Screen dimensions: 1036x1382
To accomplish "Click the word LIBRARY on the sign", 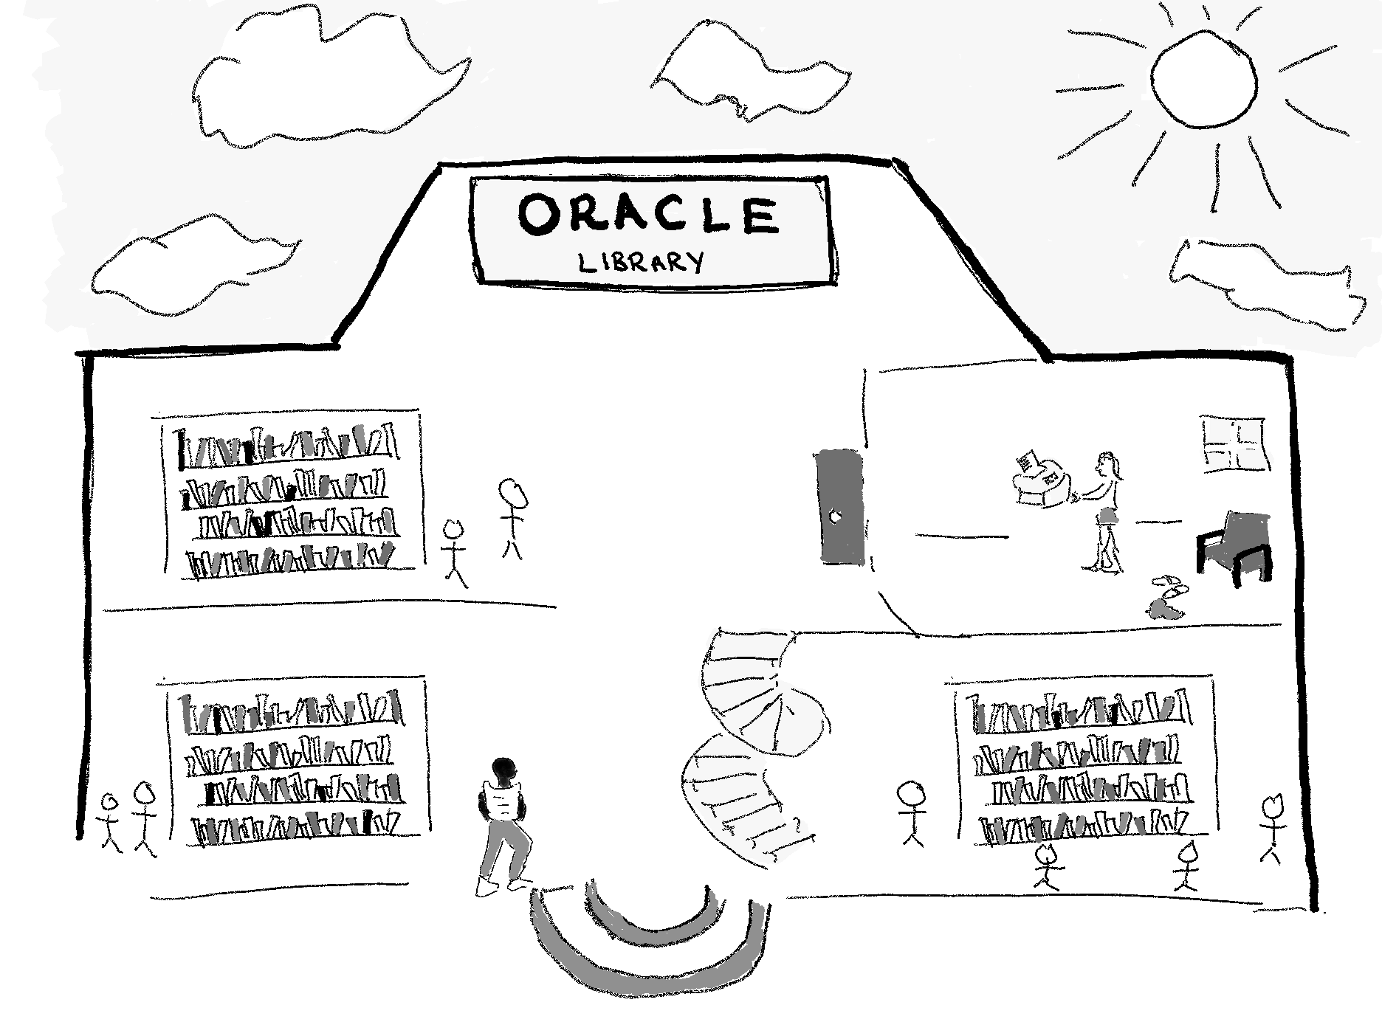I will [x=640, y=261].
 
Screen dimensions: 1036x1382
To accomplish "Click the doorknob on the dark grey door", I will [x=835, y=517].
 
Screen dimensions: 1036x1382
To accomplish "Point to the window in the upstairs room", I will [x=1235, y=444].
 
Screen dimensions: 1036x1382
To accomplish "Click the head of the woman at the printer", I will [x=1108, y=464].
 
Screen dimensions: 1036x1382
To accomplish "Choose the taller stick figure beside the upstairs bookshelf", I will [x=511, y=517].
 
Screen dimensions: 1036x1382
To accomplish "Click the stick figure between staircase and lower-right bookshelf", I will [x=912, y=812].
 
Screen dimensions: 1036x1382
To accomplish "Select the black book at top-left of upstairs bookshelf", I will [x=182, y=451].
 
